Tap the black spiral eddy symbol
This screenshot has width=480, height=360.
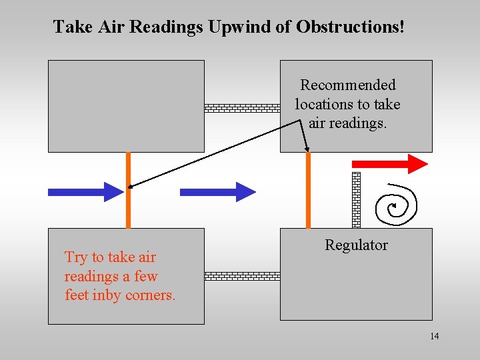[x=396, y=205]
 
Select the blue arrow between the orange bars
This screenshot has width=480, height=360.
[x=217, y=192]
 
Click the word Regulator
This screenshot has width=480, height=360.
[x=356, y=245]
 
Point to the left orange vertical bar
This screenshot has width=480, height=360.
[x=128, y=190]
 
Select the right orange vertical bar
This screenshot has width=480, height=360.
[x=308, y=190]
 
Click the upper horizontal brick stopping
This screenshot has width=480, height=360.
[x=241, y=107]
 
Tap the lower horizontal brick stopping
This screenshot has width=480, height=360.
[x=241, y=275]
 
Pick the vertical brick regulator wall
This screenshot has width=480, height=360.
[x=356, y=200]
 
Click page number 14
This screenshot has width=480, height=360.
[x=434, y=336]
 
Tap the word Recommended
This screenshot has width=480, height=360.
[x=347, y=85]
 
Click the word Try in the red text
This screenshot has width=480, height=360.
[x=75, y=257]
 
